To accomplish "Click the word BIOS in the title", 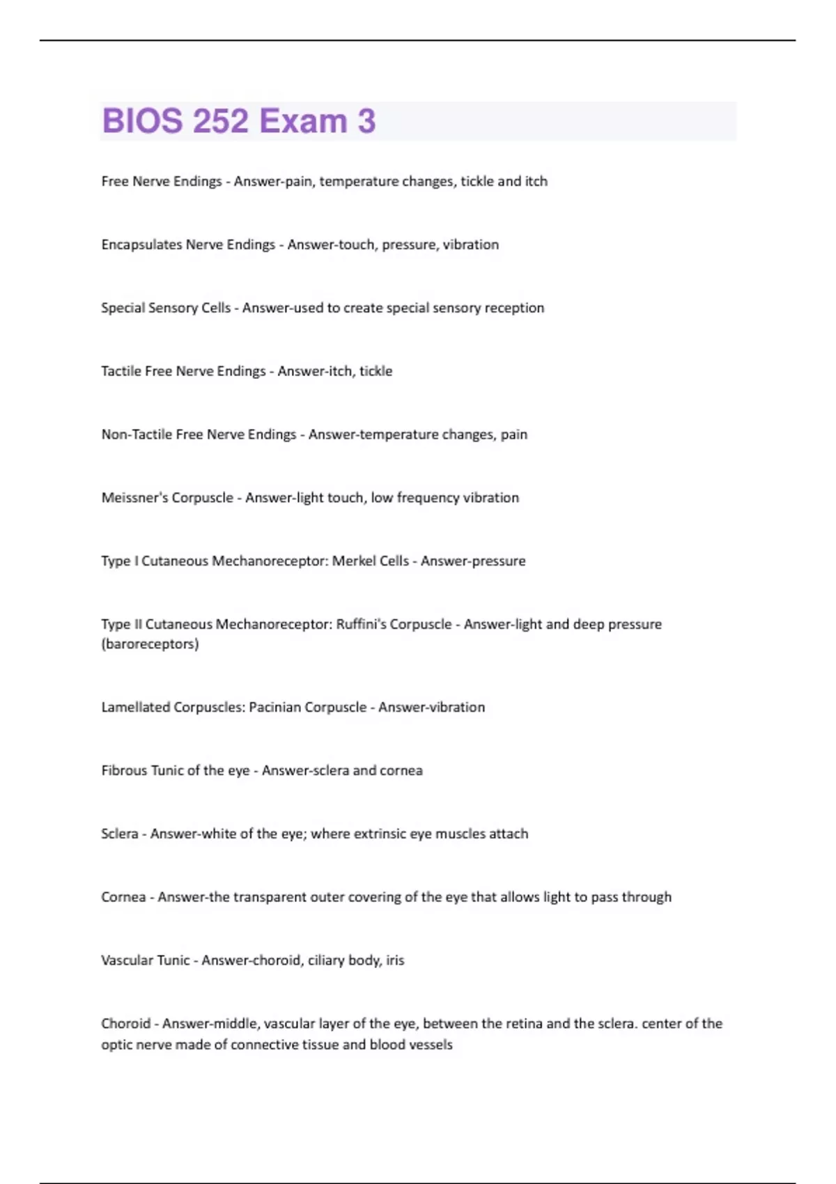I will pyautogui.click(x=143, y=121).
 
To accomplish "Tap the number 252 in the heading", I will pyautogui.click(x=221, y=121).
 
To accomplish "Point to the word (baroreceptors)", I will pyautogui.click(x=150, y=644).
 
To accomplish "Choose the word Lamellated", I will pyautogui.click(x=135, y=708).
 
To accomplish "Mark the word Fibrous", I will pyautogui.click(x=123, y=771).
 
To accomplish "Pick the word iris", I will pyautogui.click(x=395, y=960).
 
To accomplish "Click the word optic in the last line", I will pyautogui.click(x=116, y=1045).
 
